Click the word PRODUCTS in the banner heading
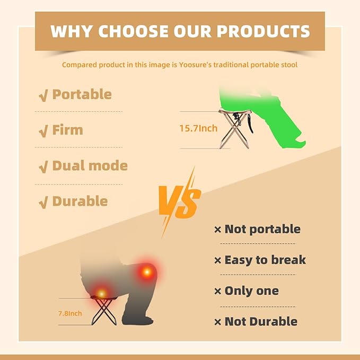[264, 31]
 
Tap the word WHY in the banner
[72, 31]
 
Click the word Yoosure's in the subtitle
[195, 65]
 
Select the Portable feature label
[82, 94]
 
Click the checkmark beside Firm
[43, 131]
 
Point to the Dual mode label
[90, 165]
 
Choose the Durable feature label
[80, 201]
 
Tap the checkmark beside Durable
[43, 203]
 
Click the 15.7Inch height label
[198, 128]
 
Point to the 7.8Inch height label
[70, 313]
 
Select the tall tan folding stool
[235, 129]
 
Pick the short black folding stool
[104, 310]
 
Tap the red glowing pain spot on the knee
[147, 273]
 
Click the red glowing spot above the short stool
[101, 293]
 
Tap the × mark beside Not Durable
[218, 322]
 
